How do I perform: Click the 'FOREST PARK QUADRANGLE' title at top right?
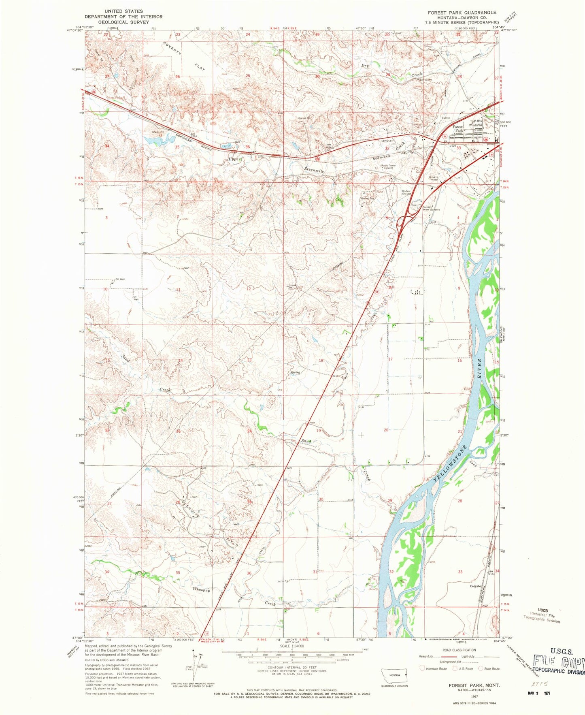[462, 13]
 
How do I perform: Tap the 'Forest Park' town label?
[458, 128]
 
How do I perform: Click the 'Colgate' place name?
[475, 586]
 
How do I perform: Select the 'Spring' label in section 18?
[295, 372]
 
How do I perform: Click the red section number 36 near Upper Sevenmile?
[247, 147]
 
